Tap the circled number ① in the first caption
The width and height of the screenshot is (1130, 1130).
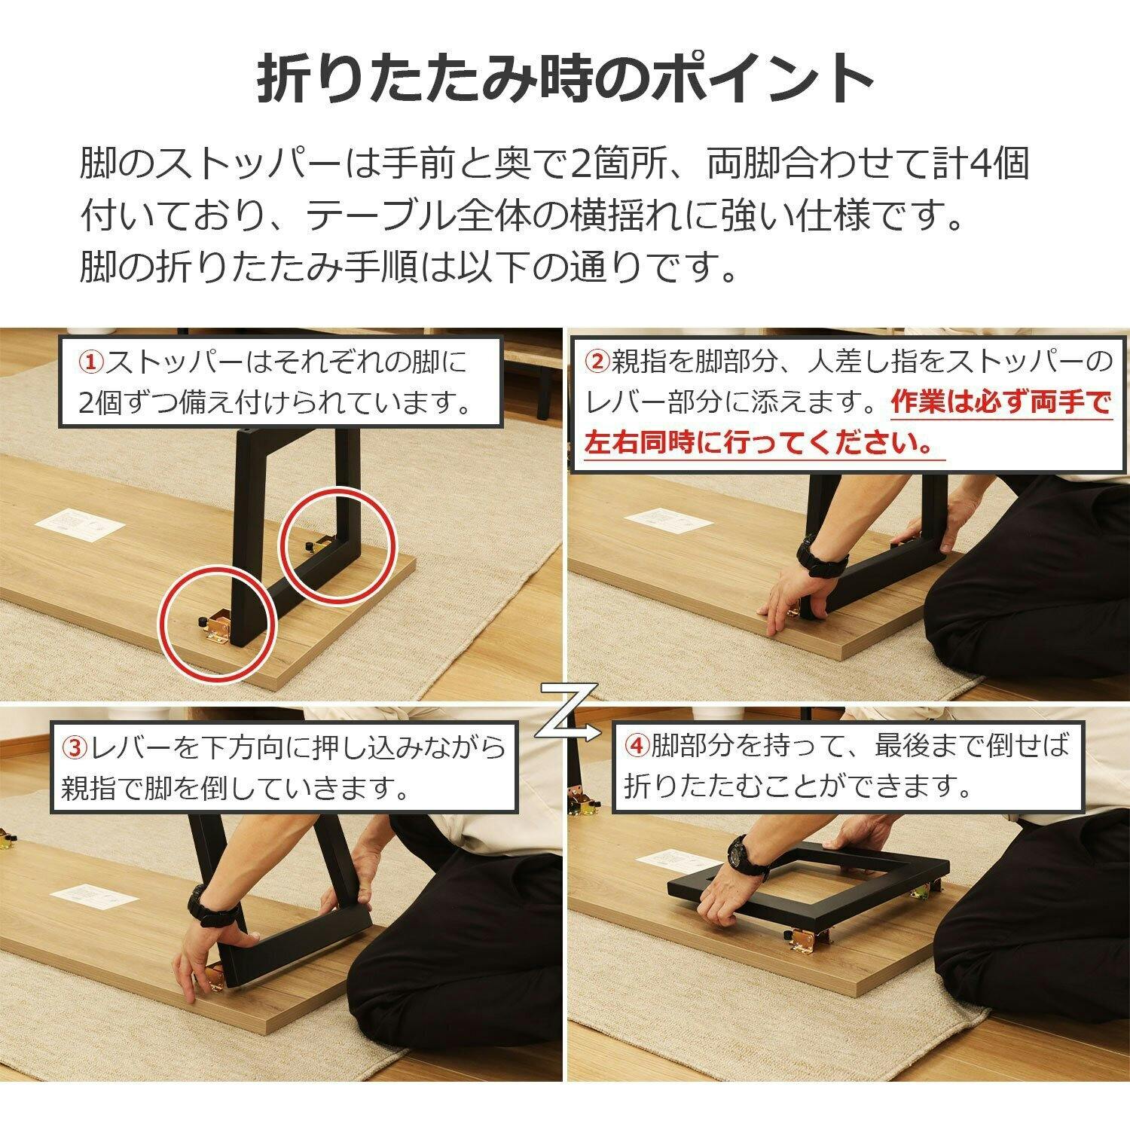coord(91,362)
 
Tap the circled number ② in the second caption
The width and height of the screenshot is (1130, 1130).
coord(597,362)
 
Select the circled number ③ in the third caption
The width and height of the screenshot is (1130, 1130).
coord(75,748)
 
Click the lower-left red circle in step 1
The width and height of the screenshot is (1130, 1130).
coord(217,625)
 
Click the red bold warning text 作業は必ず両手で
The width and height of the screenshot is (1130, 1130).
coord(1000,403)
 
